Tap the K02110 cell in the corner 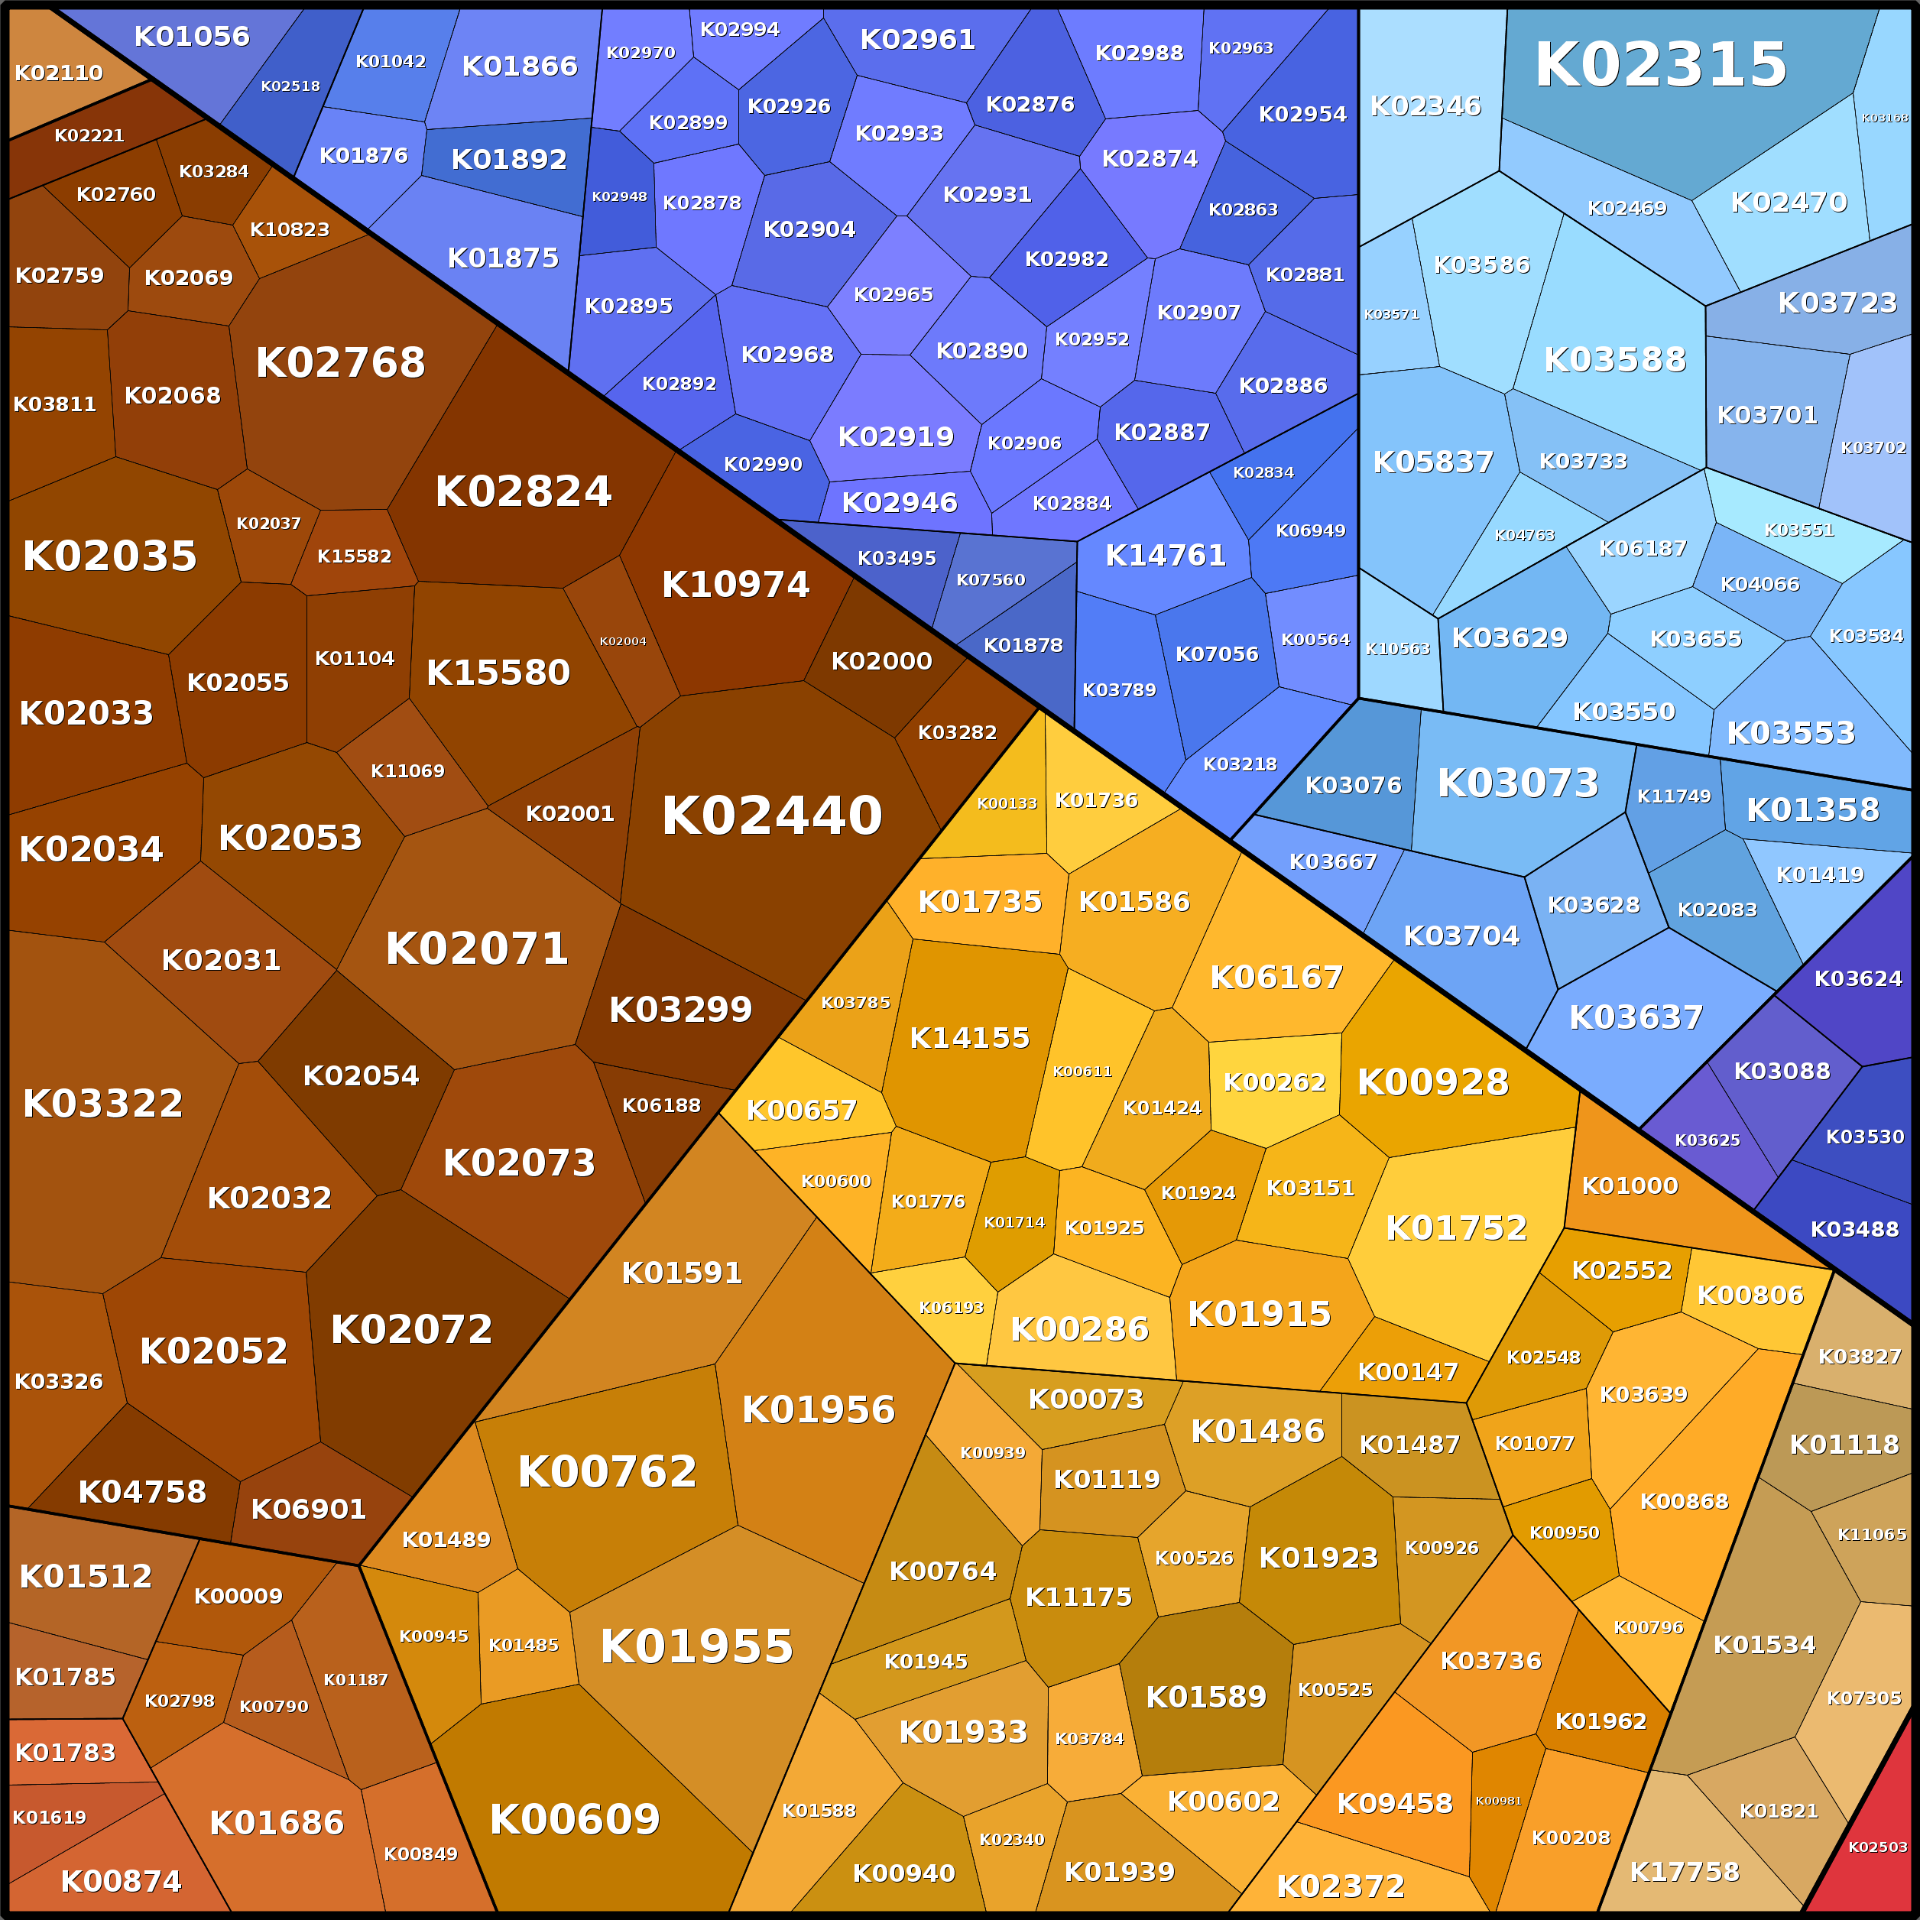click(x=59, y=73)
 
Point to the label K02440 click(x=771, y=816)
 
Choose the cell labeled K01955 click(x=696, y=1646)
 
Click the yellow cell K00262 click(x=1274, y=1082)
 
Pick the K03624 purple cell click(x=1857, y=979)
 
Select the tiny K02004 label click(x=622, y=641)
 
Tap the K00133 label click(x=1007, y=804)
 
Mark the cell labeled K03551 click(x=1798, y=530)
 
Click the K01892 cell click(x=509, y=159)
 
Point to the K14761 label click(x=1166, y=556)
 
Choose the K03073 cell click(x=1517, y=783)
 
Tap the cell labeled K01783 click(x=66, y=1752)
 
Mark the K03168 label click(x=1884, y=117)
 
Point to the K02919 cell click(x=895, y=437)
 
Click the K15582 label click(x=354, y=556)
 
